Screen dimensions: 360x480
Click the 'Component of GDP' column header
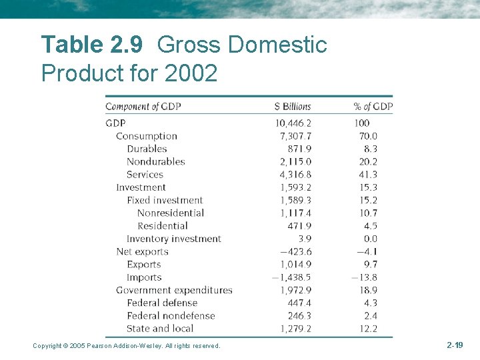143,107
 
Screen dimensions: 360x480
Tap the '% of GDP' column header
373,107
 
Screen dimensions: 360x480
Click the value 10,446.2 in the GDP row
293,123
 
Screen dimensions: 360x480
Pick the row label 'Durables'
147,149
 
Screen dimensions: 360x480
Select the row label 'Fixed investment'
165,200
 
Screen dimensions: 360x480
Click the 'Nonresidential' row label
171,213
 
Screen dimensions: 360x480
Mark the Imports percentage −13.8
365,277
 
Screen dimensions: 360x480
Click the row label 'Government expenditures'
174,290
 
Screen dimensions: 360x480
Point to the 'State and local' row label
160,328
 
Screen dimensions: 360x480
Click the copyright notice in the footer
127,345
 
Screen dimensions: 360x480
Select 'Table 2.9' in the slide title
91,45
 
